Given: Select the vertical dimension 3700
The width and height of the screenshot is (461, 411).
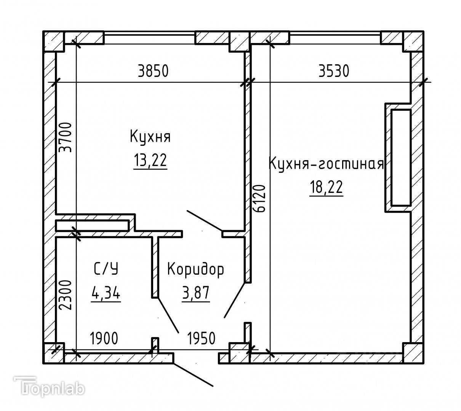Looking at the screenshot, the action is click(65, 137).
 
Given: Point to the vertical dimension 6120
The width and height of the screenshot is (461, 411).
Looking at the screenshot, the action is click(259, 198).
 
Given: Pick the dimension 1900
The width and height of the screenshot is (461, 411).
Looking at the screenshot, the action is click(104, 338).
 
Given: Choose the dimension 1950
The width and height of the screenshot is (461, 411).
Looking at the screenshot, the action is click(201, 338).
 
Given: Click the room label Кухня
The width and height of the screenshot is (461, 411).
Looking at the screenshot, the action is click(150, 136).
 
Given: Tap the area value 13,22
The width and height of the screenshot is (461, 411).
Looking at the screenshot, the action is click(150, 161).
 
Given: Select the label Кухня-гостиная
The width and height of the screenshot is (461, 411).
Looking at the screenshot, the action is click(326, 164).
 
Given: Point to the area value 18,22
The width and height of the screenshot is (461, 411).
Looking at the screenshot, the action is click(326, 188).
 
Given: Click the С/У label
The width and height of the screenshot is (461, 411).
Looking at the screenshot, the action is click(106, 269).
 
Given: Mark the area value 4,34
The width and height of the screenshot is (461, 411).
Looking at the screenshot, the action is click(106, 293).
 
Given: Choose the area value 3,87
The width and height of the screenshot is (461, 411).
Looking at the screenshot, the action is click(196, 293).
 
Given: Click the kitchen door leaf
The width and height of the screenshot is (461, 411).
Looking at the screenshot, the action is click(204, 220).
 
